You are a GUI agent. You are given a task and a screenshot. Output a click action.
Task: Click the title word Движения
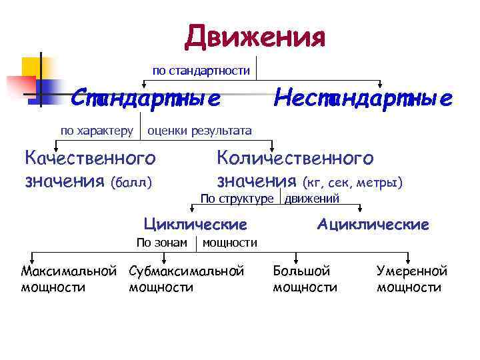pos(255,37)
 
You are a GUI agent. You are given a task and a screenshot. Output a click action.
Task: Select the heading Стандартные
pos(146,99)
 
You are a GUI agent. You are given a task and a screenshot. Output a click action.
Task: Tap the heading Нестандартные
pos(363,99)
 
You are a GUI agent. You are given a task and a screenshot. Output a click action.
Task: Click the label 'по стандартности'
pos(201,70)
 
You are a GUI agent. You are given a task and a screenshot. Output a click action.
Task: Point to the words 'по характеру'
pos(97,130)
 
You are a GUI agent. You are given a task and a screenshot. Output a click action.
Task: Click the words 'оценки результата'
pos(199,130)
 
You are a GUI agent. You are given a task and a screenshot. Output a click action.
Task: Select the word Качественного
pos(89,158)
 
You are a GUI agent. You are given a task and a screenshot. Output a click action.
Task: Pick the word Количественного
pos(295,158)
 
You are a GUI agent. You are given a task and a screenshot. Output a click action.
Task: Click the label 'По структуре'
pos(237,198)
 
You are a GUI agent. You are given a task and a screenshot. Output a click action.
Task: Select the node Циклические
pos(195,224)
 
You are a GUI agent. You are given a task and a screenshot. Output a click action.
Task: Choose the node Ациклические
pos(373,224)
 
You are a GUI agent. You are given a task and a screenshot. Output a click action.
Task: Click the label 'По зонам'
pos(161,243)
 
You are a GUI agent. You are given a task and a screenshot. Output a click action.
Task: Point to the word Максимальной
pos(69,271)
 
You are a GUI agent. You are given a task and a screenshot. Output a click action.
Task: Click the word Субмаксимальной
pos(186,271)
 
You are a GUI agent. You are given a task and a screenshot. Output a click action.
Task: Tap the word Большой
pos(302,271)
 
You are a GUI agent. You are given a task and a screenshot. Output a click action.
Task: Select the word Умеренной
pos(411,271)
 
